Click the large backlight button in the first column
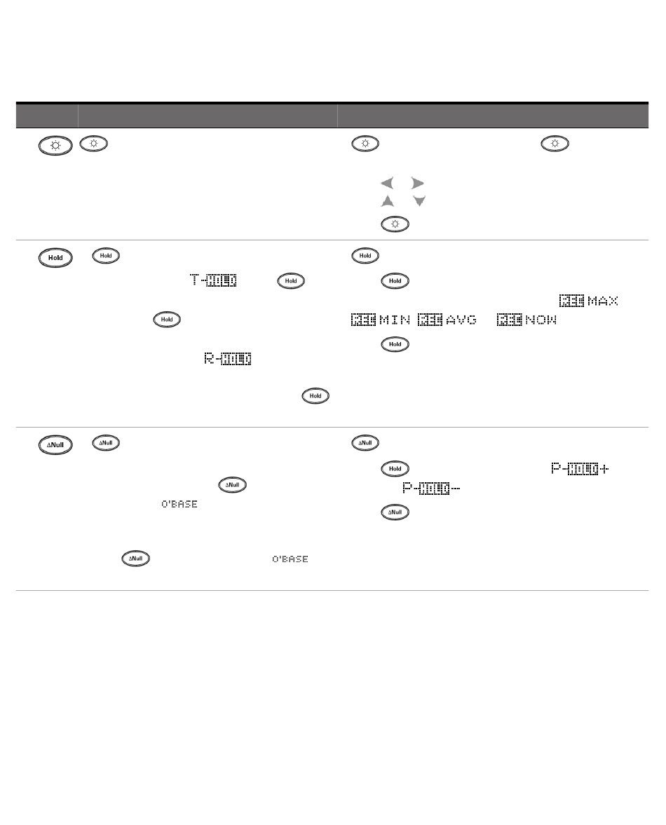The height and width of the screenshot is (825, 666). tap(55, 146)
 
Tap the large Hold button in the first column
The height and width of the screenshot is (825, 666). tap(55, 257)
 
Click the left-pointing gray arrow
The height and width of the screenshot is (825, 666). tap(386, 184)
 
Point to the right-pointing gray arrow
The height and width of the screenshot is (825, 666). tap(418, 184)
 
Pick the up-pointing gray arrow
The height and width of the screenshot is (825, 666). tap(386, 202)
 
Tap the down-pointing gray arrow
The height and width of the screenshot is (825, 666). tap(419, 202)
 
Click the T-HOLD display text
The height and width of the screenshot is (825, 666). tap(212, 281)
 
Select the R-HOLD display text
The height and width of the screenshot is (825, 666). tap(228, 360)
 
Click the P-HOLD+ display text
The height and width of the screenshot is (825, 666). tap(580, 468)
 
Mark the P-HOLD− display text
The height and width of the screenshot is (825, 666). tap(431, 488)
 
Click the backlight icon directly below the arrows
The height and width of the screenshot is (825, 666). tap(395, 224)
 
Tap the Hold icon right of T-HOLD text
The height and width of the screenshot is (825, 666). tap(291, 281)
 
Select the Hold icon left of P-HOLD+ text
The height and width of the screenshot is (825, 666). tap(395, 468)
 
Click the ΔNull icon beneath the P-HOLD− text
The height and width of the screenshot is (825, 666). tap(395, 513)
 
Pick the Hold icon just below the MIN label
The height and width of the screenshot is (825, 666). tap(395, 345)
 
